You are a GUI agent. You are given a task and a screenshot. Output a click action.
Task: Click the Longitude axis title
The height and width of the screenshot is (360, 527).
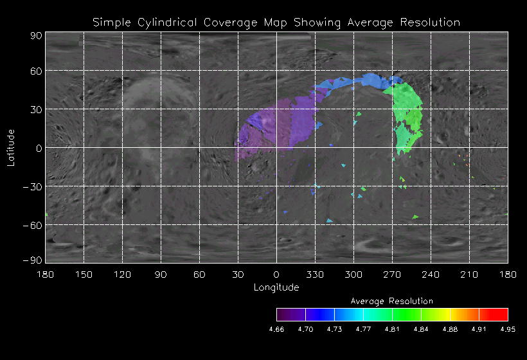click(276, 287)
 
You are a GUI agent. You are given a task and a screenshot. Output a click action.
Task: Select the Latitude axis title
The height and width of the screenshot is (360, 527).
click(11, 147)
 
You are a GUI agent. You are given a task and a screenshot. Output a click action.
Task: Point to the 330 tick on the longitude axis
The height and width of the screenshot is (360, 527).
click(315, 274)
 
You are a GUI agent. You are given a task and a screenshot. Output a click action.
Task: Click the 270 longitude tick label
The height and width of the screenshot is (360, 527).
click(392, 274)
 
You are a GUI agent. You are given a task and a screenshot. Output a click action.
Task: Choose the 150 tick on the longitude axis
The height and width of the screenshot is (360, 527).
click(84, 274)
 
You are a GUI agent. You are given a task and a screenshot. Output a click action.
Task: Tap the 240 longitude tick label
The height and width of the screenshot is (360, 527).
click(431, 274)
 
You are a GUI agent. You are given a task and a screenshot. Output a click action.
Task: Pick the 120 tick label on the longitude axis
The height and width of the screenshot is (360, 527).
click(122, 274)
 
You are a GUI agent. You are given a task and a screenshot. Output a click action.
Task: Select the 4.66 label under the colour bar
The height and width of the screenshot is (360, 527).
click(276, 329)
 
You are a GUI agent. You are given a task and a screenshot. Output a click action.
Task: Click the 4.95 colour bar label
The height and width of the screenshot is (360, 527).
click(508, 329)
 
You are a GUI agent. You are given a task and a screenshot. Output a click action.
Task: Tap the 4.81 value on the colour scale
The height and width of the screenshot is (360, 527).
click(392, 329)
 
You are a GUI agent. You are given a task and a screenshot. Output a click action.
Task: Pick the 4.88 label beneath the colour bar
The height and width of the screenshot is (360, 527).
click(450, 329)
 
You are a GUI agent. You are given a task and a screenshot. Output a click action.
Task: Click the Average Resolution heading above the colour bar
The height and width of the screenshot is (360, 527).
click(392, 301)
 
